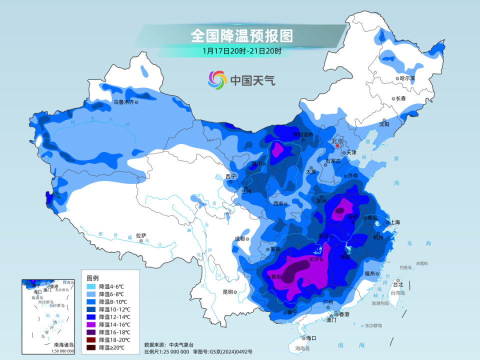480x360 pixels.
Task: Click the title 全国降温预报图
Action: pyautogui.click(x=241, y=36)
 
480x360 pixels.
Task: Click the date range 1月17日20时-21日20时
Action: pyautogui.click(x=241, y=50)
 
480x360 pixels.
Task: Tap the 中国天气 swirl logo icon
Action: pyautogui.click(x=217, y=79)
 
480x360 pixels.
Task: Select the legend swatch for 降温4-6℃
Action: pyautogui.click(x=91, y=287)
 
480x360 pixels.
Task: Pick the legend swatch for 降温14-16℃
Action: pyautogui.click(x=91, y=324)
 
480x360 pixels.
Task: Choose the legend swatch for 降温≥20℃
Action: pyautogui.click(x=91, y=347)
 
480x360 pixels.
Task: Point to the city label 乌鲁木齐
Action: pyautogui.click(x=123, y=102)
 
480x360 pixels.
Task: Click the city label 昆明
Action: pyautogui.click(x=228, y=292)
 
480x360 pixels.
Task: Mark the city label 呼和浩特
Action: pyautogui.click(x=302, y=135)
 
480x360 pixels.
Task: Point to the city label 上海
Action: pyautogui.click(x=395, y=222)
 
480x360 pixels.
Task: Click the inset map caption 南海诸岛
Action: pyautogui.click(x=63, y=344)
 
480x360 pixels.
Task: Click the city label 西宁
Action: pyautogui.click(x=230, y=176)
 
